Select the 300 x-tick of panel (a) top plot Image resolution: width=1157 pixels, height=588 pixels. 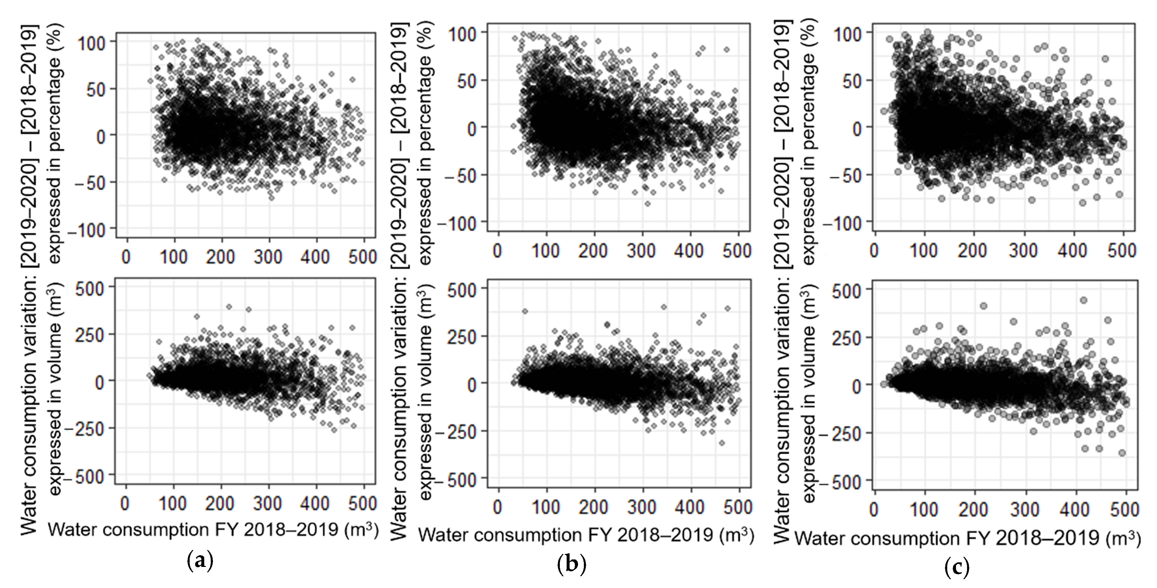click(x=269, y=257)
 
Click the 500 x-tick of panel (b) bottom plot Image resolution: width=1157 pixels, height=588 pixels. click(x=738, y=507)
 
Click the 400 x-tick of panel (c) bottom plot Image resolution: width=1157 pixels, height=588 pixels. click(x=1076, y=510)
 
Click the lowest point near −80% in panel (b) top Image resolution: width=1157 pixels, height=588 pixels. click(x=647, y=204)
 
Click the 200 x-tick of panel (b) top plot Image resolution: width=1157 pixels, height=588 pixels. click(x=593, y=251)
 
